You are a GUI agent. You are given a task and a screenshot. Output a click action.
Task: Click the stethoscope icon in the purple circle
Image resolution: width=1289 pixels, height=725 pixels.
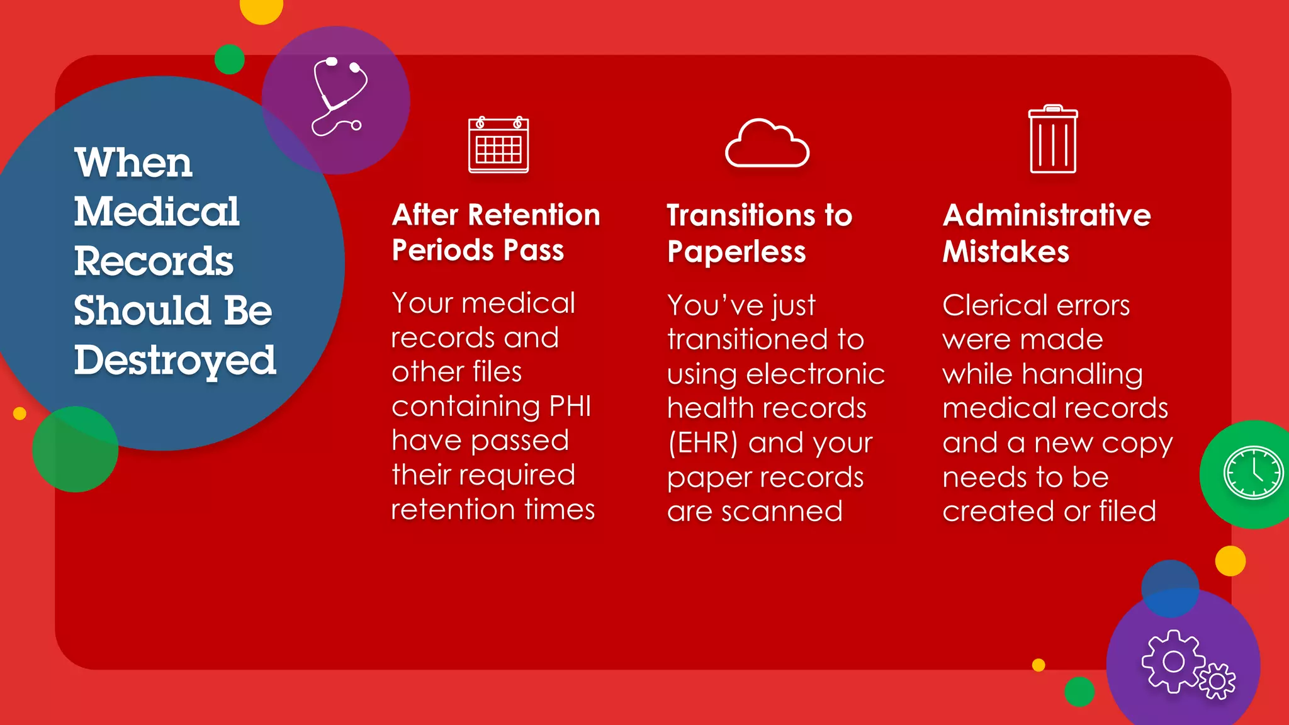pyautogui.click(x=339, y=96)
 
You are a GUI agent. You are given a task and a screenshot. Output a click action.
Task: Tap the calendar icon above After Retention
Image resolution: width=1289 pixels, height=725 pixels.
pyautogui.click(x=498, y=145)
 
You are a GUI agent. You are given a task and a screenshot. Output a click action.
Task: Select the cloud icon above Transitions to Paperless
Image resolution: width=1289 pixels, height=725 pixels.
pyautogui.click(x=767, y=143)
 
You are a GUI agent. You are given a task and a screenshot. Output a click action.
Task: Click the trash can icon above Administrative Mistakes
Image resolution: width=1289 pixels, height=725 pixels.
pyautogui.click(x=1053, y=139)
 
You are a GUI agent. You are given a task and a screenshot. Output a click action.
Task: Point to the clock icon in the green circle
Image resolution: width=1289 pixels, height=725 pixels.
pyautogui.click(x=1252, y=473)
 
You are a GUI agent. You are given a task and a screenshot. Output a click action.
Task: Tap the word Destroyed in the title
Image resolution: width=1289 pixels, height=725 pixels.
pyautogui.click(x=175, y=360)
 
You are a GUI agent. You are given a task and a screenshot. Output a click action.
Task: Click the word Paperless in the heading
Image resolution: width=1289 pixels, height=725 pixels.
pyautogui.click(x=736, y=252)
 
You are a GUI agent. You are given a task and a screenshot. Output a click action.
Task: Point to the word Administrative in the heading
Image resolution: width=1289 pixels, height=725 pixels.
pyautogui.click(x=1047, y=215)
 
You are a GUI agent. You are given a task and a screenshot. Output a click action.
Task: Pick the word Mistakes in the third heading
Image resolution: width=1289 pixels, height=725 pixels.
pyautogui.click(x=1006, y=252)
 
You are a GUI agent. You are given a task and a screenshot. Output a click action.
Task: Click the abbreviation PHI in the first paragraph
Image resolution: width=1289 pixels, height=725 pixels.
pyautogui.click(x=570, y=406)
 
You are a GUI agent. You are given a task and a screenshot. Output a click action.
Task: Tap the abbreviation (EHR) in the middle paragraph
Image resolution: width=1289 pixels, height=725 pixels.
pyautogui.click(x=702, y=442)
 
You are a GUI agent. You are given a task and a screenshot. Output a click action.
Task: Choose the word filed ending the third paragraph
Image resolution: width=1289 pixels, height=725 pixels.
pyautogui.click(x=1127, y=511)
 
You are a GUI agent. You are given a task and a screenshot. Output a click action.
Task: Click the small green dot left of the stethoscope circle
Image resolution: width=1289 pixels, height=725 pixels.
pyautogui.click(x=229, y=59)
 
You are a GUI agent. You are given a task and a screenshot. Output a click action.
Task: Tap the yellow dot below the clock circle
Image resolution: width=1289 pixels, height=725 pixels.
pyautogui.click(x=1230, y=561)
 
